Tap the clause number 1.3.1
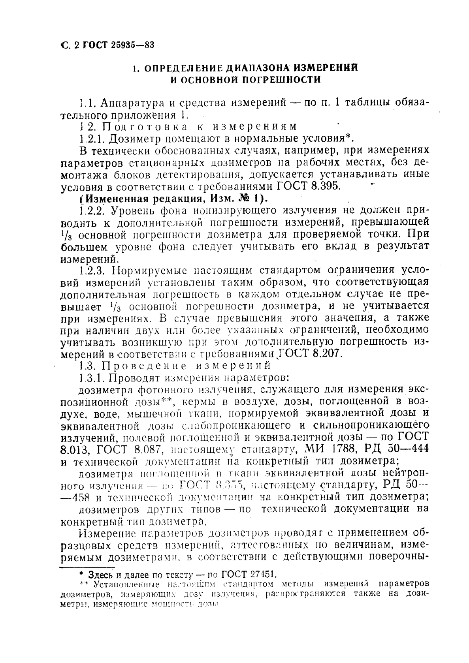[x=92, y=378]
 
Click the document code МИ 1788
[x=324, y=449]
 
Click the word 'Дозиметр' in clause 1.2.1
[x=132, y=139]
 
